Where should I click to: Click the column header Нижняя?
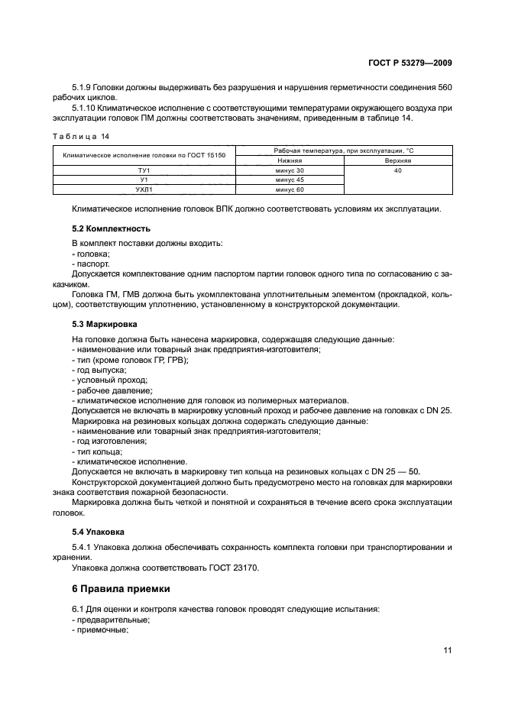click(x=290, y=161)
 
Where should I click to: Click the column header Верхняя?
click(x=397, y=161)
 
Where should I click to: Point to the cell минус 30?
click(x=290, y=170)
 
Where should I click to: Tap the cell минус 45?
click(x=290, y=180)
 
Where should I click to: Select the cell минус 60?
click(x=290, y=189)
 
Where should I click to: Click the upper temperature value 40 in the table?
click(x=397, y=170)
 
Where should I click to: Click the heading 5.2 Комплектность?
click(x=111, y=228)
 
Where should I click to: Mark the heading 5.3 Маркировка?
click(x=107, y=324)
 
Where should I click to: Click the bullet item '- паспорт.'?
click(x=90, y=262)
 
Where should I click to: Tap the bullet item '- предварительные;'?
click(x=110, y=620)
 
